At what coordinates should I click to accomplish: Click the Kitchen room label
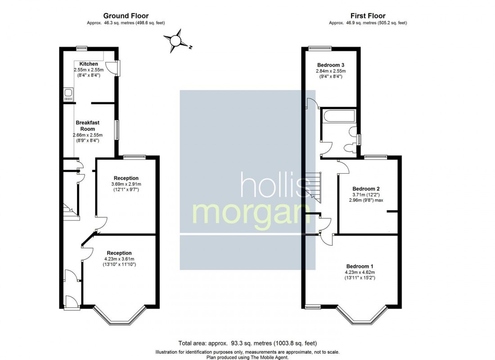click(89, 64)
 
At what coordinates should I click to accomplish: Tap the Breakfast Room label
click(88, 126)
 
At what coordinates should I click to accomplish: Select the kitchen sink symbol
click(68, 94)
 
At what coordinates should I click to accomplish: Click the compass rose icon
click(175, 41)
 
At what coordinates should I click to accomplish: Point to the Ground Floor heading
click(126, 16)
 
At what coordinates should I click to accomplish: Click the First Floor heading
click(368, 16)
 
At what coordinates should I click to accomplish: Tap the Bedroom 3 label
click(331, 65)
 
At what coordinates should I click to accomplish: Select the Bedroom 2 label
click(366, 188)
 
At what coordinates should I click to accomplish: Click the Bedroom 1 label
click(360, 266)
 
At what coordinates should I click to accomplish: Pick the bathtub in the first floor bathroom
click(339, 116)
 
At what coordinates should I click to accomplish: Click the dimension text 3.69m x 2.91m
click(126, 184)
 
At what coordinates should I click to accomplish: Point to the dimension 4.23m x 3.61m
click(119, 259)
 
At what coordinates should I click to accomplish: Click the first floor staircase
click(312, 184)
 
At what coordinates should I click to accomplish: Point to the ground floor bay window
click(119, 316)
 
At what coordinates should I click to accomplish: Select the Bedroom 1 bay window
click(361, 316)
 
